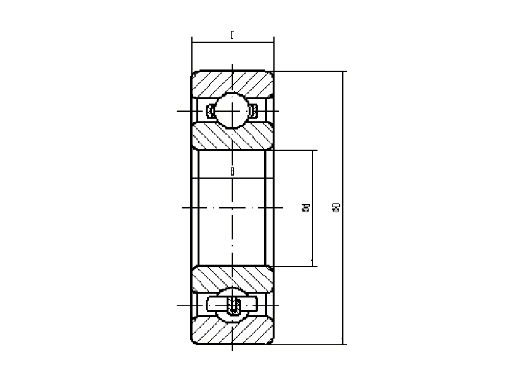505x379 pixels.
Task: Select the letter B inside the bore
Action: point(232,171)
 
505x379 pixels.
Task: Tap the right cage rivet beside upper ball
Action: point(253,112)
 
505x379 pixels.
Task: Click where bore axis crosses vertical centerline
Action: point(232,208)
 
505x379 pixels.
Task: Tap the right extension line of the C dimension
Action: point(274,54)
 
